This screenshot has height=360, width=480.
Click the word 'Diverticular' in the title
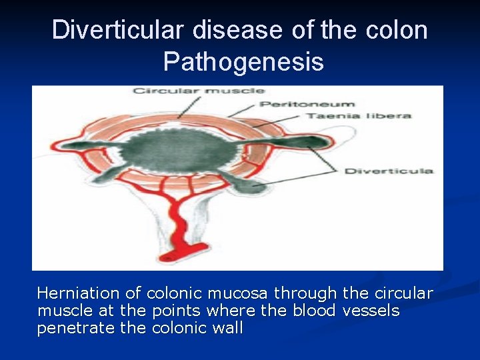119,31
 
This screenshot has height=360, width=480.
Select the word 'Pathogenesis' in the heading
243,61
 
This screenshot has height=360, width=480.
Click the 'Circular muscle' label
198,90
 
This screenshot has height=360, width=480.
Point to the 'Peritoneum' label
307,104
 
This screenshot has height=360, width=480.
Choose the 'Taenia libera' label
358,116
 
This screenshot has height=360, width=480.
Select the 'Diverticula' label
388,171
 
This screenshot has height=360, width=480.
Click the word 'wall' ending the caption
228,328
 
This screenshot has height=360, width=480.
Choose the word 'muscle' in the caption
63,311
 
